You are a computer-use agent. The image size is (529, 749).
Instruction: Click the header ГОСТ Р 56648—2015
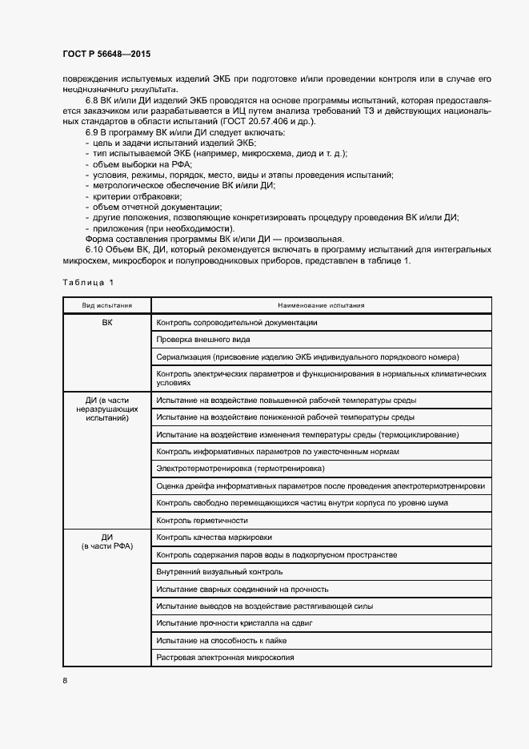pyautogui.click(x=106, y=54)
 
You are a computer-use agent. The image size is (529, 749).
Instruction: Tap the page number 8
pyautogui.click(x=65, y=681)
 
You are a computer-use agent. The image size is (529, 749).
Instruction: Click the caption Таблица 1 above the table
pyautogui.click(x=88, y=281)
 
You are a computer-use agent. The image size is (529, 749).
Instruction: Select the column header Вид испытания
pyautogui.click(x=106, y=305)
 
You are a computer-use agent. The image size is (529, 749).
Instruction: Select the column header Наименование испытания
pyautogui.click(x=321, y=305)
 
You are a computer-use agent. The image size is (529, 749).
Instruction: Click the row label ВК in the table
pyautogui.click(x=106, y=322)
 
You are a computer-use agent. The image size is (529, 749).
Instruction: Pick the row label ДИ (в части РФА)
pyautogui.click(x=106, y=542)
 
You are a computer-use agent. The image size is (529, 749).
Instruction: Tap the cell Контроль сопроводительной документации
pyautogui.click(x=238, y=322)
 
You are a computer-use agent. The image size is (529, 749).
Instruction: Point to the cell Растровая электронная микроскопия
pyautogui.click(x=226, y=658)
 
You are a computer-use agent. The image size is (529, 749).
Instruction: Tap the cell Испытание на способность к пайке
pyautogui.click(x=222, y=641)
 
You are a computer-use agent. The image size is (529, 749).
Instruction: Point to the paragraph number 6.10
pyautogui.click(x=95, y=250)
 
